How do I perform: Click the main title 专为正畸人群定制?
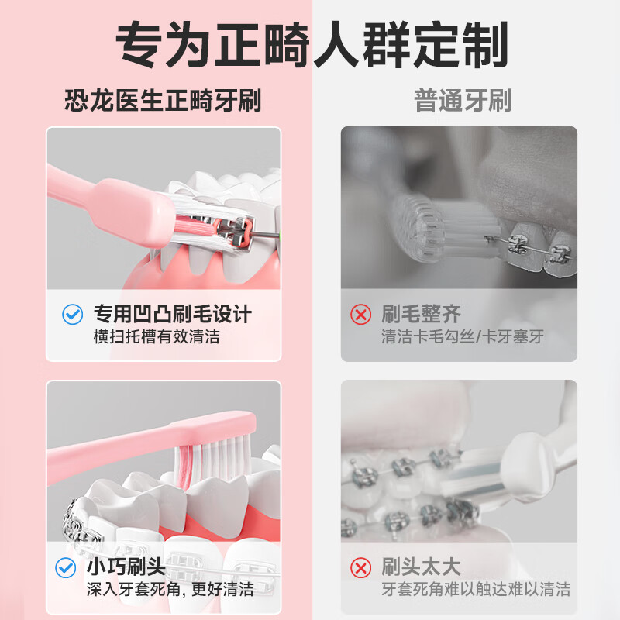point(312,44)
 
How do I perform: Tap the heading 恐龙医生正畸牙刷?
point(163,101)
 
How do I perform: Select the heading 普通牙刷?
point(463,101)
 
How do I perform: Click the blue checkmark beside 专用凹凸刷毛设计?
point(72,315)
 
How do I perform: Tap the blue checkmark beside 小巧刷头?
point(66,567)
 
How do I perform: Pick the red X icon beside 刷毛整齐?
point(360,315)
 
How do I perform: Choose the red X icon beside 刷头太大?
point(360,567)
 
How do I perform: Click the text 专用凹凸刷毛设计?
point(172,315)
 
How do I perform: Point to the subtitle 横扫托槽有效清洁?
point(157,337)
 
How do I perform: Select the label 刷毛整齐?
point(421,315)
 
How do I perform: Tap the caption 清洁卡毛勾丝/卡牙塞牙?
point(463,337)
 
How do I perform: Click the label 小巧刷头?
point(126,567)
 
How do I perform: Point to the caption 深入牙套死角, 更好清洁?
point(170,589)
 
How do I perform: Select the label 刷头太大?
point(421,567)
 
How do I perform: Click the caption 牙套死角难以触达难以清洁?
point(476,589)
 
